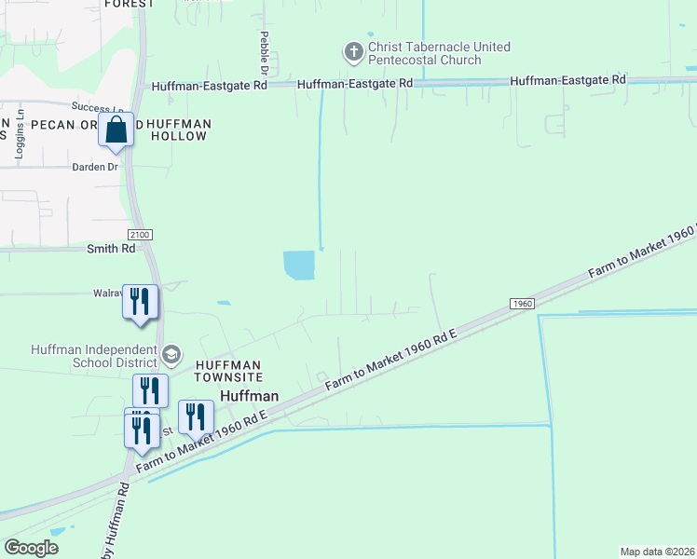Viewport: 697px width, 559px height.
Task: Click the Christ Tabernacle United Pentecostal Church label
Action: point(425,53)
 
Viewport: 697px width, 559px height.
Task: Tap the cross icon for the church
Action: point(354,51)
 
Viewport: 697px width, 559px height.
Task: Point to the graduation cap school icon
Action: point(171,354)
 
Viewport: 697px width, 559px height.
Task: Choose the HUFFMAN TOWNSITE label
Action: point(227,371)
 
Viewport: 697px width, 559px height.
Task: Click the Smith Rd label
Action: point(111,249)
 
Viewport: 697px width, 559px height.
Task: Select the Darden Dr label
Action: point(95,168)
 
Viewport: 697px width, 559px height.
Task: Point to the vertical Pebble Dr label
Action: point(264,53)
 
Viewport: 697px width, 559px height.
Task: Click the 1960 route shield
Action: point(522,304)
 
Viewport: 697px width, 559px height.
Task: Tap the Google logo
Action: point(32,547)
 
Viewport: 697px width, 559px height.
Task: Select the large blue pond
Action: point(299,266)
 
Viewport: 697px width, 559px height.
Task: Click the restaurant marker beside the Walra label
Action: point(141,303)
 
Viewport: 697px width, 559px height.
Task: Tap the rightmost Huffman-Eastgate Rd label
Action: point(567,81)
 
